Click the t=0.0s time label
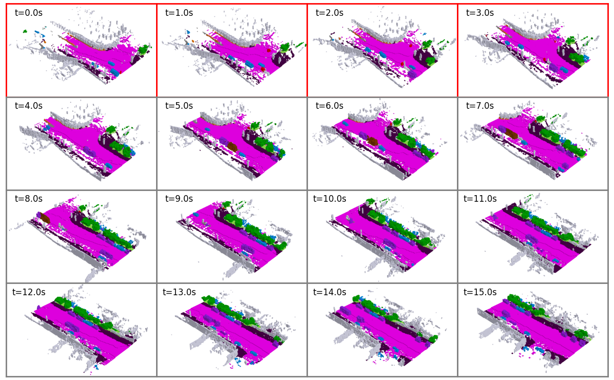coord(29,13)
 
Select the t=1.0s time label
coord(179,13)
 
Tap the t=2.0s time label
coord(330,13)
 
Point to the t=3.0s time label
coord(480,13)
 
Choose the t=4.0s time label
coord(29,106)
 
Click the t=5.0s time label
coord(179,106)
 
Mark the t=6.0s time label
coord(330,106)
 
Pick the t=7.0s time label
coord(480,106)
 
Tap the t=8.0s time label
coord(29,199)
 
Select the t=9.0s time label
coord(179,199)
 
